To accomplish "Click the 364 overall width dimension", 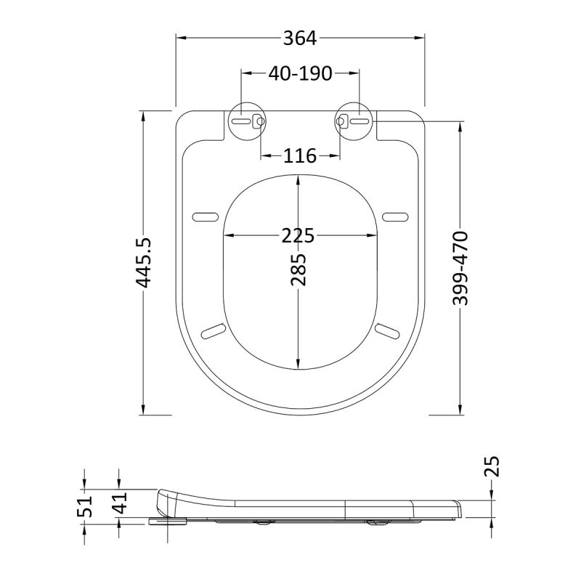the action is (x=300, y=38).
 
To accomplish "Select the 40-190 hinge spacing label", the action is (x=300, y=73).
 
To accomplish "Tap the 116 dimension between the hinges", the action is (x=300, y=156).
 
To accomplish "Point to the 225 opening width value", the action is (x=298, y=235).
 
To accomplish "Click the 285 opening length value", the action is (x=298, y=269).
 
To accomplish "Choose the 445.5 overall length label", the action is (x=143, y=263).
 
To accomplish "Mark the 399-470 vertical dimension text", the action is (x=460, y=268).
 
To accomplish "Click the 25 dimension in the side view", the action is (x=492, y=466).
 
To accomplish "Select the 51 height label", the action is (x=84, y=506).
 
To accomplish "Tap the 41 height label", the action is (x=120, y=503).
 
